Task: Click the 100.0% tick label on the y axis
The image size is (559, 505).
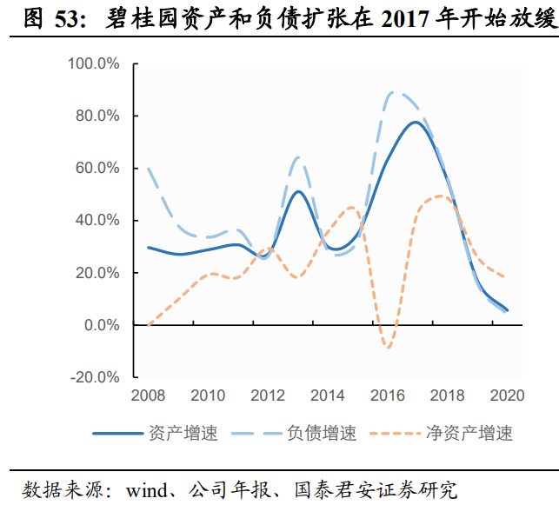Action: pos(94,63)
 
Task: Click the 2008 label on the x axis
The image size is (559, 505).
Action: pos(148,396)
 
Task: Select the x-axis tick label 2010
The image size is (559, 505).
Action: pos(207,396)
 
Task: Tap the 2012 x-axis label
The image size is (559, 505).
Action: pos(268,396)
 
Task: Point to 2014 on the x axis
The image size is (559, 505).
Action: pos(327,396)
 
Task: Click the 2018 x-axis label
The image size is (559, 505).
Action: pos(447,396)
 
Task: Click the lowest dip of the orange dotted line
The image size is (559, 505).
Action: pos(388,348)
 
